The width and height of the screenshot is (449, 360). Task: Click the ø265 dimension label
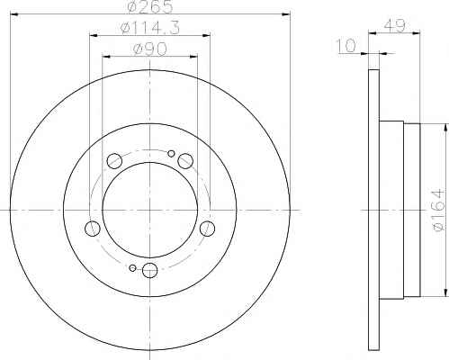(150, 6)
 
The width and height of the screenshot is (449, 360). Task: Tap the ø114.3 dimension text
(149, 28)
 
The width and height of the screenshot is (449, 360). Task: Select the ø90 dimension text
(149, 49)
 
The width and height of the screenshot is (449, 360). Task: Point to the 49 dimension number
(394, 26)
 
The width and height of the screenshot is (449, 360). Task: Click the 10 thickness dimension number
(346, 46)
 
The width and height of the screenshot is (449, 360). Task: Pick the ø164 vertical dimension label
(437, 210)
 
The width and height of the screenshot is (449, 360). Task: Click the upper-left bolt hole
(114, 160)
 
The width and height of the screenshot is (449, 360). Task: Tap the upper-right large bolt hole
(185, 160)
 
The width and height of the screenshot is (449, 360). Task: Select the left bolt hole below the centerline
(93, 229)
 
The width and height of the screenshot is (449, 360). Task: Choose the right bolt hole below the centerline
(207, 229)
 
